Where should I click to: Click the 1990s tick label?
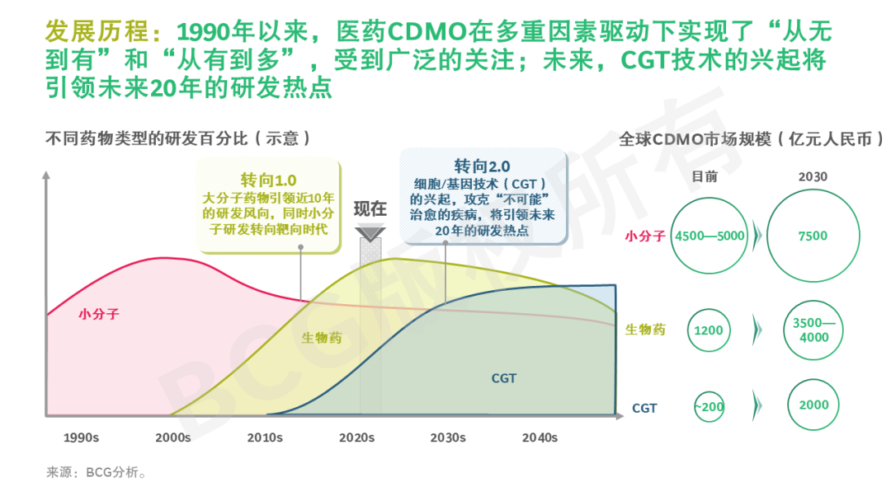click(x=81, y=438)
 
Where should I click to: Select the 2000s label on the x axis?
click(x=172, y=438)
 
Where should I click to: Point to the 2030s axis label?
click(x=447, y=438)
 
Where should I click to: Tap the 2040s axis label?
click(x=540, y=438)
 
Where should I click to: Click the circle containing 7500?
click(x=812, y=236)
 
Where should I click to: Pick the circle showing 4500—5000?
click(x=709, y=236)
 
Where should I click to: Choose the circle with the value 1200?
click(x=709, y=330)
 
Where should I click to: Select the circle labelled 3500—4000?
click(x=812, y=330)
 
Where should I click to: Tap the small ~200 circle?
click(x=709, y=406)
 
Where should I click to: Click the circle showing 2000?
click(x=812, y=405)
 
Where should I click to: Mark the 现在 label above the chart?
click(x=370, y=208)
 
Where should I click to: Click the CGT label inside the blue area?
click(x=503, y=378)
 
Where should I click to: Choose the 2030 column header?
click(x=812, y=176)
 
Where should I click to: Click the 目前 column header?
click(x=705, y=176)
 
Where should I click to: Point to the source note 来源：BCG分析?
click(x=97, y=473)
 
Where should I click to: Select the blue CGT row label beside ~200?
click(x=644, y=407)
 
